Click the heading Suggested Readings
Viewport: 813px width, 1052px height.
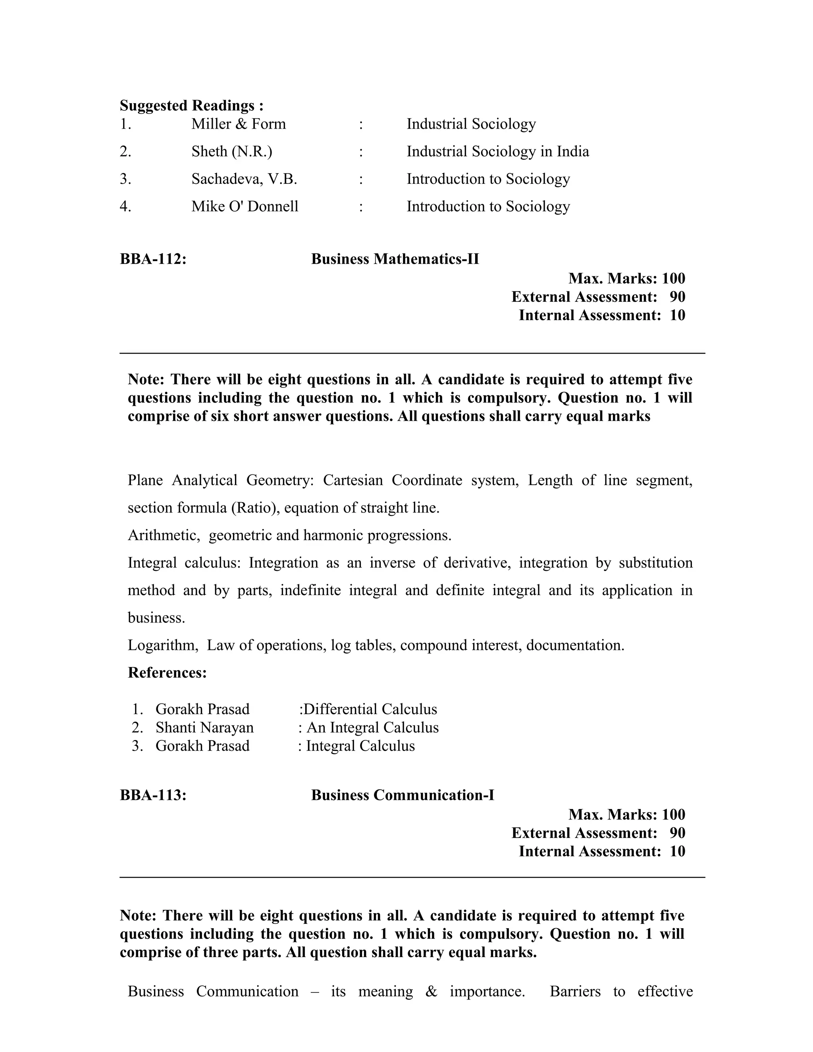[191, 106]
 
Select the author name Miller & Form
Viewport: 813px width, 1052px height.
[239, 124]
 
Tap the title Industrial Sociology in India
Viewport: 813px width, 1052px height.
[497, 152]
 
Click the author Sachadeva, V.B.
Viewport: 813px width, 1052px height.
[244, 179]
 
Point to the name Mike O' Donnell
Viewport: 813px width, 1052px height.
[245, 207]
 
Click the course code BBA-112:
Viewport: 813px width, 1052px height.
[153, 259]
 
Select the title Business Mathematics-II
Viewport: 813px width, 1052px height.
[395, 259]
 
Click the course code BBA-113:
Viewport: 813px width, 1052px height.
[153, 795]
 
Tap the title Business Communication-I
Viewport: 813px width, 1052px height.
[403, 795]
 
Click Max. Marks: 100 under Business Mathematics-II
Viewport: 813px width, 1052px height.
[626, 278]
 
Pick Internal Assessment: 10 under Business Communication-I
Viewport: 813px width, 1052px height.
[601, 851]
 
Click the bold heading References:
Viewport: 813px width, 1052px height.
[167, 672]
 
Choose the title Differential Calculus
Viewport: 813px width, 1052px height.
[370, 709]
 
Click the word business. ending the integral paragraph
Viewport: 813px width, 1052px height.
[156, 618]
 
